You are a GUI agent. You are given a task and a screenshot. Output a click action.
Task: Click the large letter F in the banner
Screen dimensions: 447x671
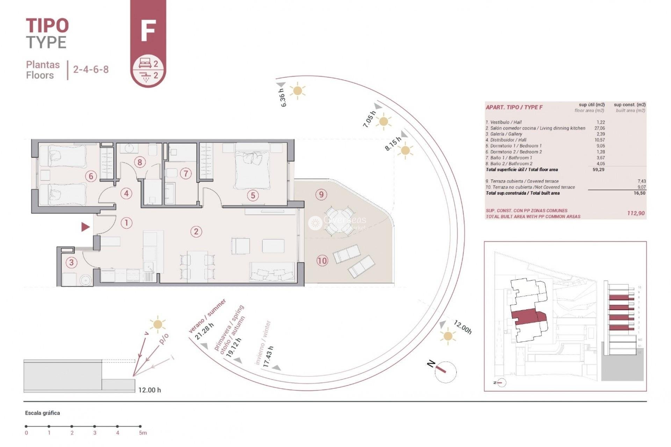click(x=148, y=31)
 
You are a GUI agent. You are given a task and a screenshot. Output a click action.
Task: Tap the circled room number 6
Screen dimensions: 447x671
click(x=91, y=176)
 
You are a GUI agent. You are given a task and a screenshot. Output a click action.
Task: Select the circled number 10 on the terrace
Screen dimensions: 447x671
click(x=322, y=261)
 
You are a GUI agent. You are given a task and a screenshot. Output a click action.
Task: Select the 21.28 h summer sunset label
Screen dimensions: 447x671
click(x=204, y=331)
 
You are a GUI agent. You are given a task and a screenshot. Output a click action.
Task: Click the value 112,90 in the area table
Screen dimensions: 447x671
click(x=636, y=213)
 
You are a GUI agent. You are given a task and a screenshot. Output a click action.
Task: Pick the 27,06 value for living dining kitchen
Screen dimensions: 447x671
click(x=599, y=128)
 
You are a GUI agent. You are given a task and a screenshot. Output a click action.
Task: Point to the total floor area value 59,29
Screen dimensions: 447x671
click(x=598, y=170)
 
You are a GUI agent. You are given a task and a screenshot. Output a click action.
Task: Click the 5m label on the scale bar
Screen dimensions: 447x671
click(x=143, y=433)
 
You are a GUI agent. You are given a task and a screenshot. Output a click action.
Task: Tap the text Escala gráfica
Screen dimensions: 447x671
click(x=42, y=413)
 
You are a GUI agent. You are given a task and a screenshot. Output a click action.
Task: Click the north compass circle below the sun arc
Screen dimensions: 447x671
click(x=446, y=372)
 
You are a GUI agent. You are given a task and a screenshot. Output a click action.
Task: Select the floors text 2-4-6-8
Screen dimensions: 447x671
click(x=91, y=69)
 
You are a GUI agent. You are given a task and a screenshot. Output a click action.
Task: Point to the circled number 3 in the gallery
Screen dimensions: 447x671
click(x=72, y=262)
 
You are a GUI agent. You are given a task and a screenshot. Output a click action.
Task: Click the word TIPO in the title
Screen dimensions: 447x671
click(x=47, y=25)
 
